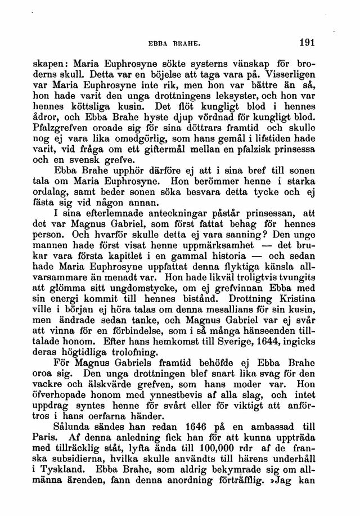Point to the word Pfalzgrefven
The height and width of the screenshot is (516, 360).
[x=77, y=132]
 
